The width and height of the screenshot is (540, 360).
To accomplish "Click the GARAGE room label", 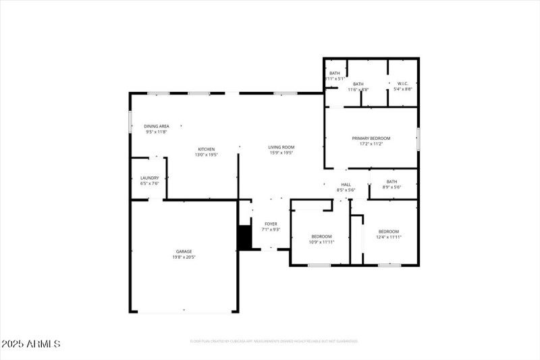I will [x=184, y=251].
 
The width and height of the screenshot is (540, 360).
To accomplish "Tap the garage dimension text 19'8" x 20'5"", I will [x=184, y=257].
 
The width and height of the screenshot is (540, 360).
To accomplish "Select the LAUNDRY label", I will [x=149, y=178].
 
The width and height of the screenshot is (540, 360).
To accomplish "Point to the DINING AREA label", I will [x=156, y=126].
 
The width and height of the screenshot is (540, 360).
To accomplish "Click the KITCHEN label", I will [x=206, y=149].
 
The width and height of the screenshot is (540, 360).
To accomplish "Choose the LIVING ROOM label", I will [x=281, y=147].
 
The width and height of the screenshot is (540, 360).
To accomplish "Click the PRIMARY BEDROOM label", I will [x=371, y=138].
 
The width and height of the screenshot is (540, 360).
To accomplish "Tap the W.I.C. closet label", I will [x=403, y=84].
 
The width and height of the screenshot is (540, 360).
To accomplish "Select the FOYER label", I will [x=271, y=224].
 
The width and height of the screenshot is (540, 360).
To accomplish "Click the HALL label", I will [x=346, y=184].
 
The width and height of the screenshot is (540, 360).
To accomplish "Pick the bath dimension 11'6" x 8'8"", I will [x=358, y=90].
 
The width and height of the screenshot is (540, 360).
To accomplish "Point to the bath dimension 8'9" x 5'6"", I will [x=391, y=187].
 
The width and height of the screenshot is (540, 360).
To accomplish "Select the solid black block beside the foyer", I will [x=244, y=238].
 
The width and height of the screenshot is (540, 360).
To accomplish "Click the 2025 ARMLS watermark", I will [x=31, y=344].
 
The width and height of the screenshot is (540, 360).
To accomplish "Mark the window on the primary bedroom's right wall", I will [x=418, y=138].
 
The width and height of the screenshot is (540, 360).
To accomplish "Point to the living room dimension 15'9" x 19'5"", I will [x=281, y=153].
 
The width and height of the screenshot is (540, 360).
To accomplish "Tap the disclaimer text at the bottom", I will [x=273, y=342].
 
